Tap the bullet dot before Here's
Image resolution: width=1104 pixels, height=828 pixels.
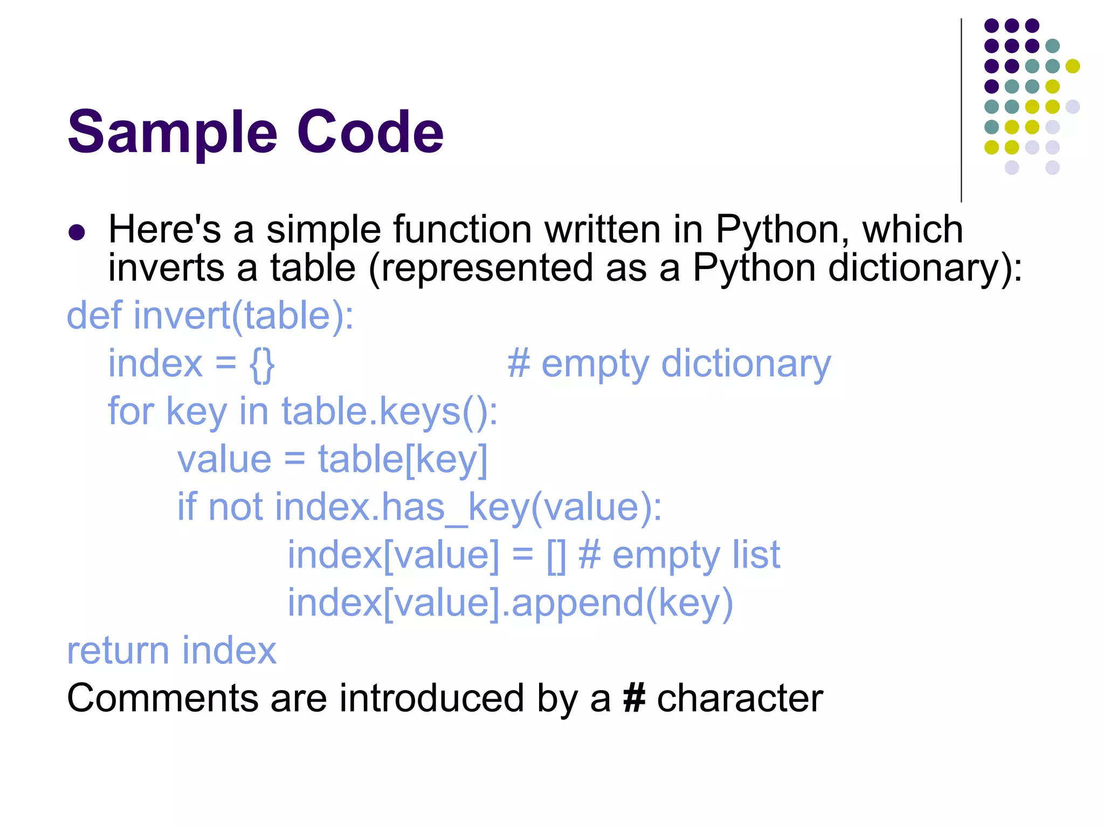[77, 232]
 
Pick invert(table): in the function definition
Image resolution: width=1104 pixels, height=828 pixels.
[244, 316]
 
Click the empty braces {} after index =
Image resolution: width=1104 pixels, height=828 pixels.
[262, 365]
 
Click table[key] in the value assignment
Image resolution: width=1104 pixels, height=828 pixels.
[402, 460]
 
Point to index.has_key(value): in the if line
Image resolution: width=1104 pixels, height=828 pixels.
[468, 508]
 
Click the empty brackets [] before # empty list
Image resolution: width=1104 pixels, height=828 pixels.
[556, 556]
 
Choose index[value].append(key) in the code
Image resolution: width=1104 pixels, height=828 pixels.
[510, 603]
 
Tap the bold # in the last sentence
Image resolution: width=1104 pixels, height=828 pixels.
[634, 699]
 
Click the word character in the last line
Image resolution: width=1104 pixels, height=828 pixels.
[740, 699]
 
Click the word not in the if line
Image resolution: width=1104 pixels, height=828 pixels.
[235, 508]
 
